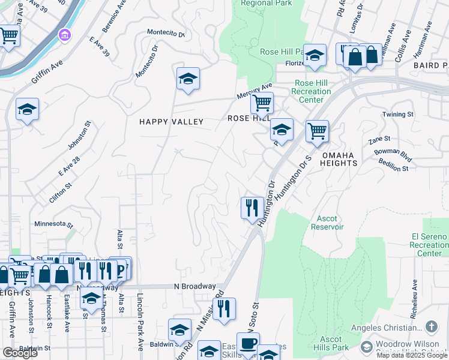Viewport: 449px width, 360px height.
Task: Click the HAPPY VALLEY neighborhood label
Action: (x=172, y=122)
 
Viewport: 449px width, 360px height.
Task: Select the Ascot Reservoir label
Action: (x=327, y=223)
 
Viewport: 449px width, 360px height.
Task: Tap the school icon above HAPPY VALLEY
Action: (x=188, y=79)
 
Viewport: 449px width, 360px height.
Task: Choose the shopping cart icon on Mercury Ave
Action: (x=262, y=103)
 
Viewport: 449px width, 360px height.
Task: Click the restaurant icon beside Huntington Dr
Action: (x=250, y=208)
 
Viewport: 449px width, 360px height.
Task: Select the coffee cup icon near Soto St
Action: (x=249, y=344)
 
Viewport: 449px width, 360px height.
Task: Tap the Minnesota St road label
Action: (x=53, y=225)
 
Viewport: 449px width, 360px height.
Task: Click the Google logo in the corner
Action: (x=20, y=353)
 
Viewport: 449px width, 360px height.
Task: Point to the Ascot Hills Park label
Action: (x=331, y=343)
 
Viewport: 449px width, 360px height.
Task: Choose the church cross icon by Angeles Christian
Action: (x=431, y=327)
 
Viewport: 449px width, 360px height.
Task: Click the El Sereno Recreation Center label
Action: (x=429, y=245)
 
